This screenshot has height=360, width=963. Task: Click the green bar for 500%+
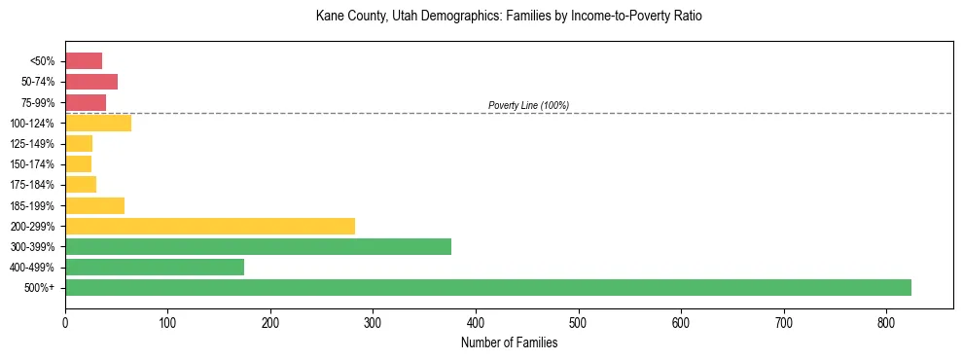487,287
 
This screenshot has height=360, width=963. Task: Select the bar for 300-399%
258,246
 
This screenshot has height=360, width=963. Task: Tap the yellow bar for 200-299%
210,226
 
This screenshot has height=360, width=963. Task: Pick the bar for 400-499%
155,267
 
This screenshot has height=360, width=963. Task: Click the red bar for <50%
84,60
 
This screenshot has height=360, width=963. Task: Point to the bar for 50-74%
91,82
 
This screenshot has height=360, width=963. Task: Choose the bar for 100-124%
98,123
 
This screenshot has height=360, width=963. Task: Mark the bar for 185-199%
94,205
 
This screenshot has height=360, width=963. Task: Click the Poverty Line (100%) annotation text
528,105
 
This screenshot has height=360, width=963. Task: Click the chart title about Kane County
509,17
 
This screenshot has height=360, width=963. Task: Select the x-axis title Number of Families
509,342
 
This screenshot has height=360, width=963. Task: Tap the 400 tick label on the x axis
476,322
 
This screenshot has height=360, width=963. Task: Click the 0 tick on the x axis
65,322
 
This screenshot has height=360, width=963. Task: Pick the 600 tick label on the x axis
681,322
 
